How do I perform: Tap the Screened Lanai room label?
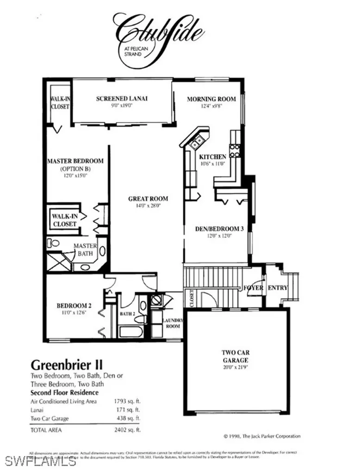pos(122,98)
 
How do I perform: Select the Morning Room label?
pos(211,99)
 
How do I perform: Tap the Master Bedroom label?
pos(75,161)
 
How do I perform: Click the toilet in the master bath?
pos(54,242)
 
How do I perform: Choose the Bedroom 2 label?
pos(74,306)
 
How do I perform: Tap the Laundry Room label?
pos(173,323)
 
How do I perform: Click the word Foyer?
pos(254,288)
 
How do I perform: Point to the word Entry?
pos(278,288)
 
